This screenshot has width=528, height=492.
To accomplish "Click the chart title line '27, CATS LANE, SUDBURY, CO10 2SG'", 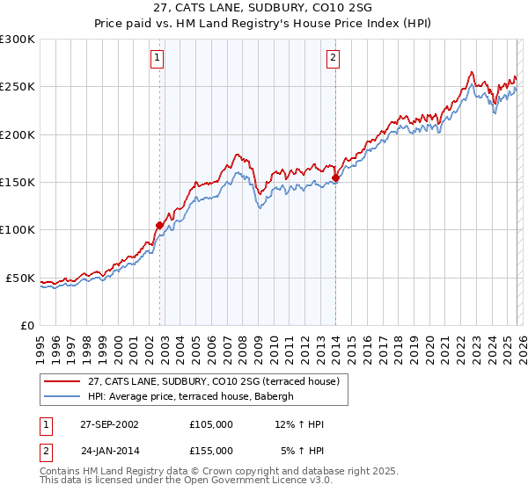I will pyautogui.click(x=263, y=8).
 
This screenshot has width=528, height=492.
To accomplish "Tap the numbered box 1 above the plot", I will pyautogui.click(x=157, y=59).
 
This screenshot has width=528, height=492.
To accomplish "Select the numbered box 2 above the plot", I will pyautogui.click(x=334, y=59).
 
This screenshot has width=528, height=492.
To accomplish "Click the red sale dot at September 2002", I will pyautogui.click(x=160, y=225).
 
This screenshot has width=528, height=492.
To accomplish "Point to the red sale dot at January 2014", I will pyautogui.click(x=335, y=177).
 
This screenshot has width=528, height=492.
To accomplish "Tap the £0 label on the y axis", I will pyautogui.click(x=26, y=325).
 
